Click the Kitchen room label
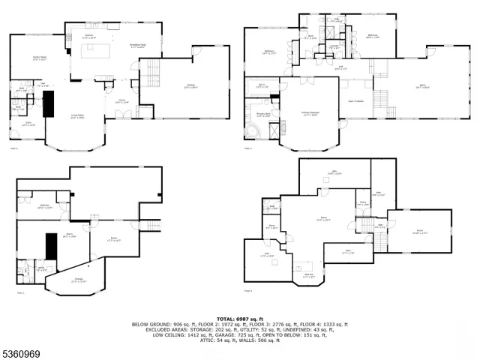point(88,36)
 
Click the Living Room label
point(77,116)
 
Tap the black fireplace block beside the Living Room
point(50,107)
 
